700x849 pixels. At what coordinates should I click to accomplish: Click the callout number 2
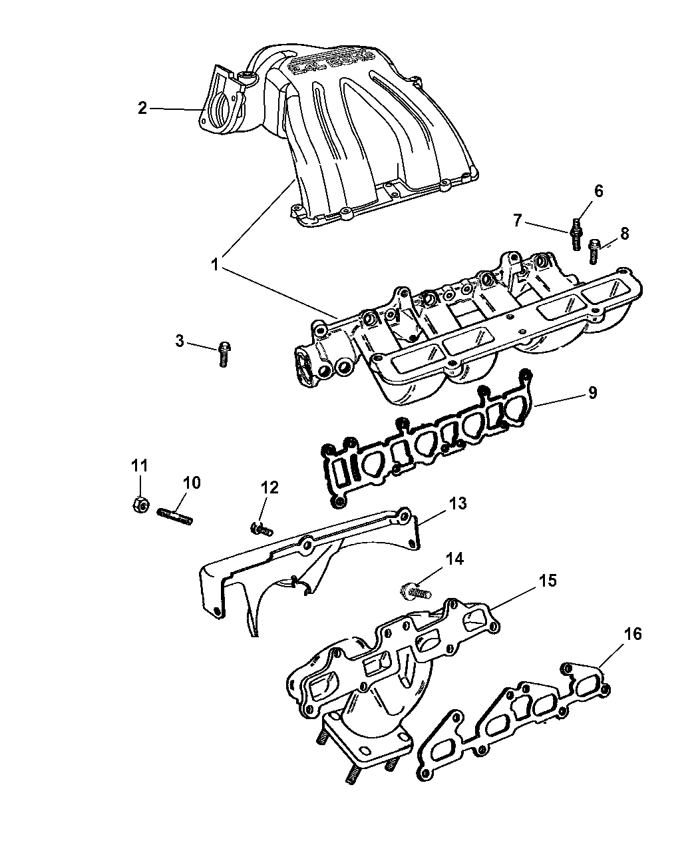(142, 108)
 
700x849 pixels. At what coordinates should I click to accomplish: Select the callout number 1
(215, 264)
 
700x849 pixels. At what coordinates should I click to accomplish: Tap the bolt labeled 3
(224, 353)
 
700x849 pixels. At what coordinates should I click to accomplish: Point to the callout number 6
(598, 192)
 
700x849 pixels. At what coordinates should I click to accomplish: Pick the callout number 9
(592, 393)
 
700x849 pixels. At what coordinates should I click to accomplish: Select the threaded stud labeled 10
(175, 515)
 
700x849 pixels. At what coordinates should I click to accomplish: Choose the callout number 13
(458, 503)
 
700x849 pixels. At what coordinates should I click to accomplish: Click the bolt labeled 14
(414, 589)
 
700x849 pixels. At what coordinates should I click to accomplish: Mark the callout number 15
(547, 581)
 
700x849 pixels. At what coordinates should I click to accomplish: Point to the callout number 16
(633, 634)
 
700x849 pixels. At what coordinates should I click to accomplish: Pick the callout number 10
(192, 483)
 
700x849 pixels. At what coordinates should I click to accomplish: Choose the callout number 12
(269, 487)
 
